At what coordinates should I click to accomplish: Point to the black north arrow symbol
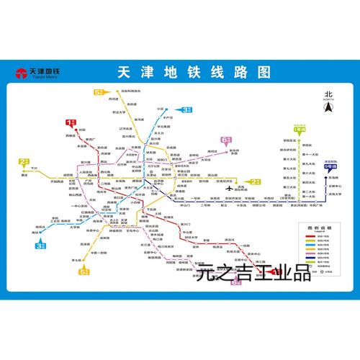pyautogui.click(x=328, y=107)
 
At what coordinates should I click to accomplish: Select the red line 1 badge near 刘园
pyautogui.click(x=71, y=122)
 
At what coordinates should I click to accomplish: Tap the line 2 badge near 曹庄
pyautogui.click(x=24, y=162)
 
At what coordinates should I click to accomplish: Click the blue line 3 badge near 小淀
pyautogui.click(x=186, y=110)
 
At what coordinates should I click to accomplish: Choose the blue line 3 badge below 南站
pyautogui.click(x=41, y=245)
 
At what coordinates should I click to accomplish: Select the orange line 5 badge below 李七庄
pyautogui.click(x=85, y=271)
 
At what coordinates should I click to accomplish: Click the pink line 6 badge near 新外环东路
pyautogui.click(x=225, y=139)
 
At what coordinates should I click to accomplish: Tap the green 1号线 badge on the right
pyautogui.click(x=300, y=128)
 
